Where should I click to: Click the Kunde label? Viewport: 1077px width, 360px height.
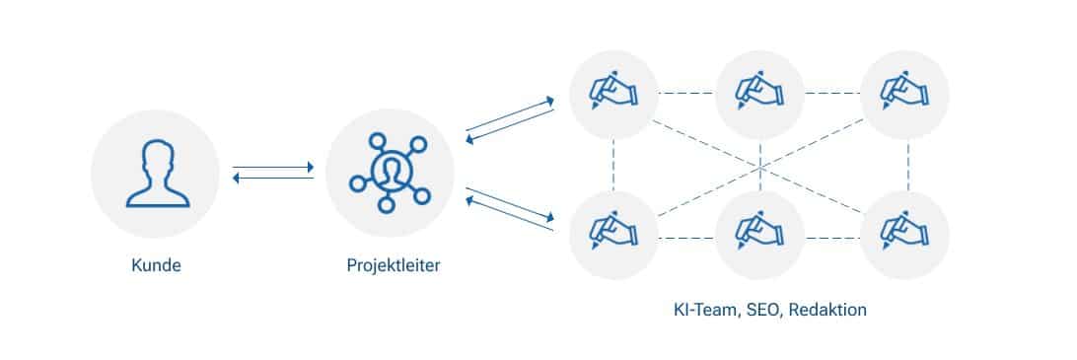pyautogui.click(x=155, y=266)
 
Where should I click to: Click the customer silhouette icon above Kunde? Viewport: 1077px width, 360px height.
pyautogui.click(x=155, y=174)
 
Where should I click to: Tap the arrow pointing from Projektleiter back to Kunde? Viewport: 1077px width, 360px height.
pyautogui.click(x=273, y=179)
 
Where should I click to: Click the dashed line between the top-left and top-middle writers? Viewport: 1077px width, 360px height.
pyautogui.click(x=686, y=94)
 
